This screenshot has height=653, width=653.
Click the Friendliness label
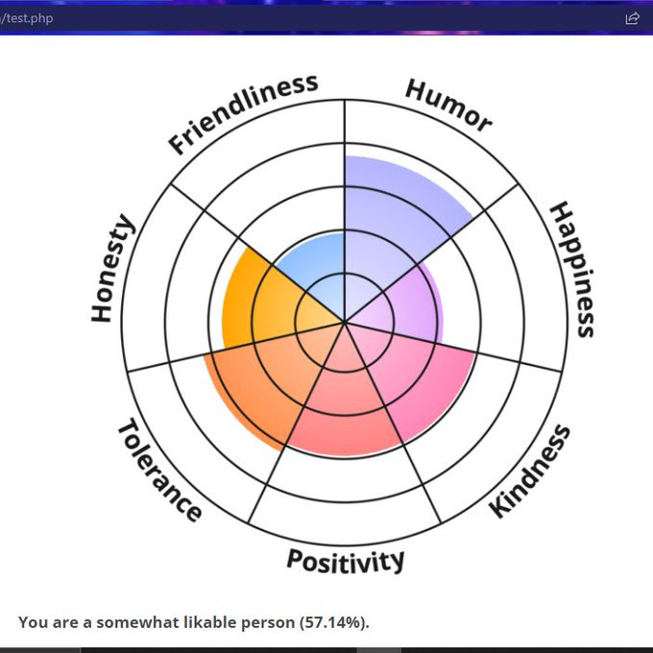point(242,113)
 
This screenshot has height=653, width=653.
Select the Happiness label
point(573,269)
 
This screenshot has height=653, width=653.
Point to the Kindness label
point(530,471)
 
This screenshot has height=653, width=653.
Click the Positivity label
point(346,561)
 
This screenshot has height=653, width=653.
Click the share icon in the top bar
point(632,18)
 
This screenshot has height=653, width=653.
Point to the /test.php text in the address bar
point(26,18)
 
